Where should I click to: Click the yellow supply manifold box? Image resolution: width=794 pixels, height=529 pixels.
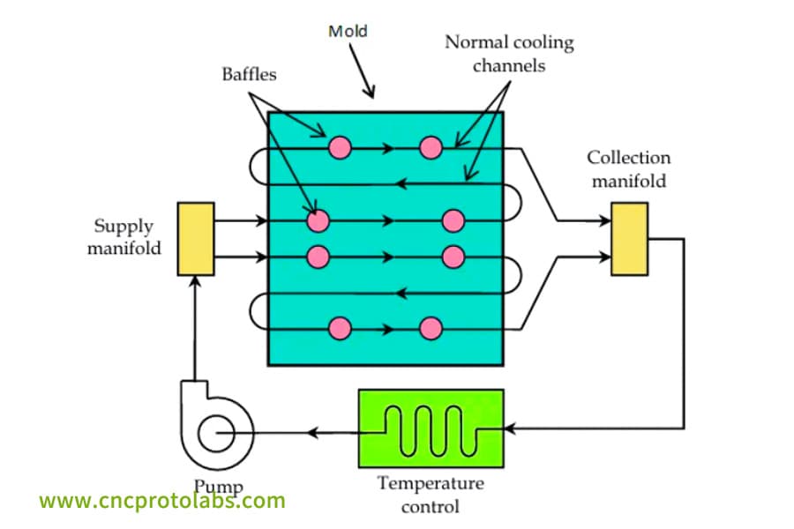(x=195, y=239)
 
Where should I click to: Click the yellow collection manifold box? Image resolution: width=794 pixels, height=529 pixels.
(x=629, y=239)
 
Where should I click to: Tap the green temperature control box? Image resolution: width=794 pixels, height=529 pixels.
(x=430, y=428)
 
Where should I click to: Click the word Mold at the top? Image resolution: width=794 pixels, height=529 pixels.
(x=348, y=32)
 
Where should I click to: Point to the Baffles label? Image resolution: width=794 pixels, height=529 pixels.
(x=249, y=74)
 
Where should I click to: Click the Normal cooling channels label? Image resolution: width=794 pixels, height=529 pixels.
(x=509, y=54)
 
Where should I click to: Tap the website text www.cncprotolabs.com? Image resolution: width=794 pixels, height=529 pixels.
(x=162, y=502)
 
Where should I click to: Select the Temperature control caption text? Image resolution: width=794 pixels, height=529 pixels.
(x=431, y=495)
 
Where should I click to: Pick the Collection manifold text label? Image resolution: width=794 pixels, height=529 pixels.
(x=629, y=169)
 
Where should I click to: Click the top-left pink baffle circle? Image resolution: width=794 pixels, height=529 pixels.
(x=340, y=148)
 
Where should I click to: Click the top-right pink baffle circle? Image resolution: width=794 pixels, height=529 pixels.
(x=431, y=148)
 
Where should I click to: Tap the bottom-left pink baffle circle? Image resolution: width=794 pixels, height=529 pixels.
(x=340, y=328)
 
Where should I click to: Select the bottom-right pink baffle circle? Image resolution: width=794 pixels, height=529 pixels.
(x=431, y=328)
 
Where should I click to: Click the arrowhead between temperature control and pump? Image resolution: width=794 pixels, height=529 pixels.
(x=312, y=433)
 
